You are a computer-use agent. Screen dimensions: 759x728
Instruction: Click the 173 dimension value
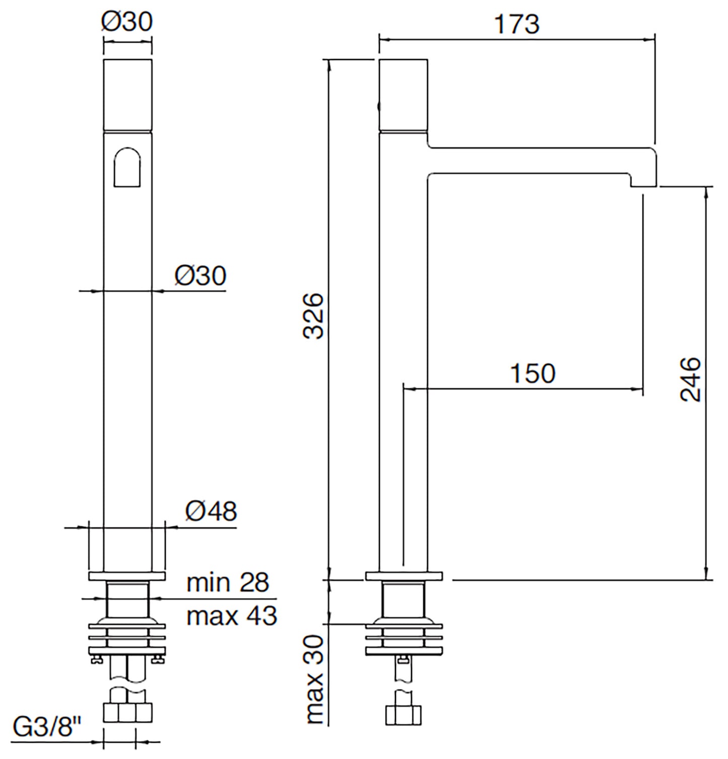(516, 24)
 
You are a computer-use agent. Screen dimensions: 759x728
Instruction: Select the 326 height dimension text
(315, 316)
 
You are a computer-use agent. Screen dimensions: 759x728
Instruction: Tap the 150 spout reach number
(533, 373)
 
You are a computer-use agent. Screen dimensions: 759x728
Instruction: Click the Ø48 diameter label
(211, 511)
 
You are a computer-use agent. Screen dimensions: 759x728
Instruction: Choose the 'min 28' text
(228, 583)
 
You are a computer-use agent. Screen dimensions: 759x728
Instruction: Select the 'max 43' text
(232, 616)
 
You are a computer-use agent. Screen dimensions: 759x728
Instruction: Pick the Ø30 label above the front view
(127, 21)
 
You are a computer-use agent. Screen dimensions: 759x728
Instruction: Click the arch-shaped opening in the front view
(127, 167)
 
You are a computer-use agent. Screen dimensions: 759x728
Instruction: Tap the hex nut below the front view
(127, 712)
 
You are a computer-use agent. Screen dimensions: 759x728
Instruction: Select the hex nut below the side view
(404, 715)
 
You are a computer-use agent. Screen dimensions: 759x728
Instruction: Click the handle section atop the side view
(403, 95)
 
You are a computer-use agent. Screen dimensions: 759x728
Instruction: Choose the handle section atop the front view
(127, 95)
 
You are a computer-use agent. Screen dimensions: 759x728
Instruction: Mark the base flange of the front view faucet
(127, 576)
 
